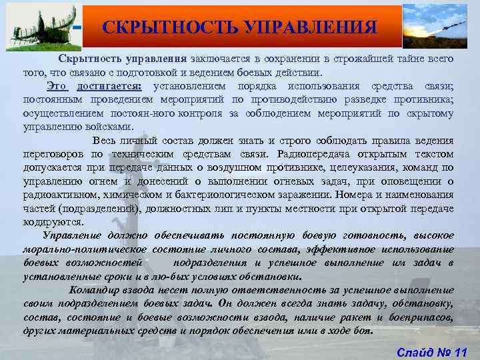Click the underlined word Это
point(57,87)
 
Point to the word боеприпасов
point(423,317)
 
